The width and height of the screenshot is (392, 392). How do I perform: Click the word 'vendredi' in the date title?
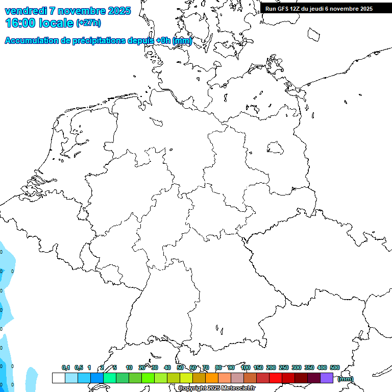tap(26, 11)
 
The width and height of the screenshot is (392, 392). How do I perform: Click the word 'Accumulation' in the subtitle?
tap(31, 41)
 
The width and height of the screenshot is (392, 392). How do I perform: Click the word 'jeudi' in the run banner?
tap(318, 9)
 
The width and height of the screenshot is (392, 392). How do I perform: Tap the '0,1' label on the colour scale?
tap(66, 367)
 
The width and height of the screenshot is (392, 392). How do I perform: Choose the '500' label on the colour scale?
tap(335, 367)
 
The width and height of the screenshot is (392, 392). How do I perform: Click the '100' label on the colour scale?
tap(246, 367)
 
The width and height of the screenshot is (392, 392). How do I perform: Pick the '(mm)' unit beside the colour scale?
tap(345, 379)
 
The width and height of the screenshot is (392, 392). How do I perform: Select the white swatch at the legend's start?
tap(58, 378)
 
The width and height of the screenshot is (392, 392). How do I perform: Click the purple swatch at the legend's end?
tap(327, 378)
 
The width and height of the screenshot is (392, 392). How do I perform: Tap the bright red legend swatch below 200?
tap(276, 378)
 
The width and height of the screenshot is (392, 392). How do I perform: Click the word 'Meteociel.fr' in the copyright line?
tap(238, 388)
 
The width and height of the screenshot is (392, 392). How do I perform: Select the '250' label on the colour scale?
tap(284, 367)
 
